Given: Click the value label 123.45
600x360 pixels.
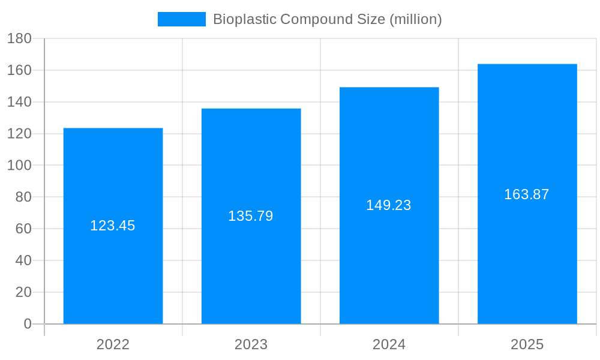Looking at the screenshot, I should (113, 226).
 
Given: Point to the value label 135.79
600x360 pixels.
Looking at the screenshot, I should (251, 216).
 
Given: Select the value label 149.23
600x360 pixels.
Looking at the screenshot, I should (389, 205).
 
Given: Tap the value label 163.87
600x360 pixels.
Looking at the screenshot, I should (527, 194).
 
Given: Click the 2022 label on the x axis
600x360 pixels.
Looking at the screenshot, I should (113, 344).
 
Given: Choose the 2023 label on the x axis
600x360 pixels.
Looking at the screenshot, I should (251, 344).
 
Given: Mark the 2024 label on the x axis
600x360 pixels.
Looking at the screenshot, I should (389, 344).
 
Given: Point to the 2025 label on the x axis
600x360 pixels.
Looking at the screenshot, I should (527, 344).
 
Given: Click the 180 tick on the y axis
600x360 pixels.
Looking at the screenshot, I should (19, 38).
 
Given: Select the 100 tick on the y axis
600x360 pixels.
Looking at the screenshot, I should (19, 165).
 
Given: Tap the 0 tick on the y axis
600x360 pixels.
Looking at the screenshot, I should (28, 324).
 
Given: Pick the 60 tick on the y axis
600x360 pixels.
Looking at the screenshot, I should (23, 229).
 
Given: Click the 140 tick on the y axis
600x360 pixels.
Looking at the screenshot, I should (19, 102).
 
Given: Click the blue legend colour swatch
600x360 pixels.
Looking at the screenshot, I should (181, 19).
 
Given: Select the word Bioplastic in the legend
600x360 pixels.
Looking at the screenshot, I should (244, 19).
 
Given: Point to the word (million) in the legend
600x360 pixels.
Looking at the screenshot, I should (416, 19).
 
